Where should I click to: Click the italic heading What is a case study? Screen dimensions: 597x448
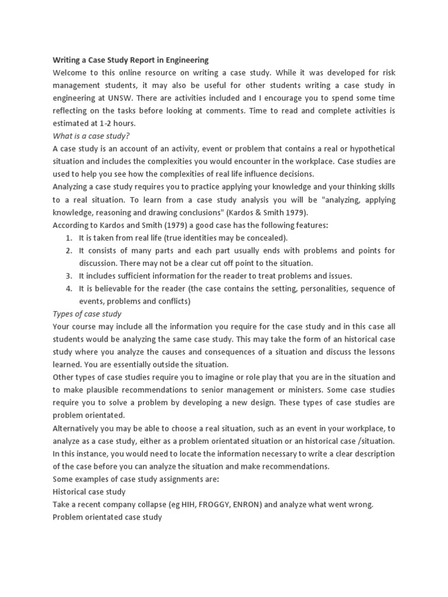click(91, 136)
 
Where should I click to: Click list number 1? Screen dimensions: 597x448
click(69, 238)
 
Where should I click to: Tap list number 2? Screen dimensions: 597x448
click(69, 251)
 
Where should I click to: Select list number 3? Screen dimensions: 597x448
click(69, 276)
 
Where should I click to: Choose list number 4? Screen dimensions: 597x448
click(69, 289)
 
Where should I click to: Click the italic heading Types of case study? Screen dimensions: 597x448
click(87, 314)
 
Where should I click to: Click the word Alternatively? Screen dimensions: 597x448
click(77, 428)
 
